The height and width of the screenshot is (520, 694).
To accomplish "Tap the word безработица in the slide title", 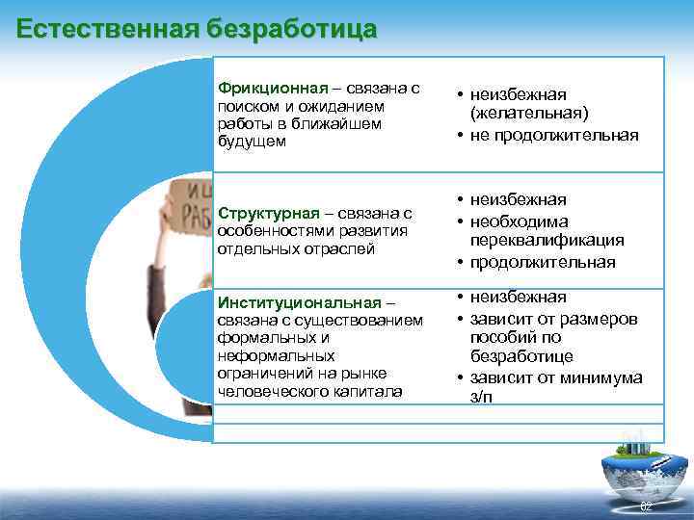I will point(291,28).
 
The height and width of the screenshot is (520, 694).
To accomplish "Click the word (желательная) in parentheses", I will point(529,113).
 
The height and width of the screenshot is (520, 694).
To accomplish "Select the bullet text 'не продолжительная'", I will point(554,135).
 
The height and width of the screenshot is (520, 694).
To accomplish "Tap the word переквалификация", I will point(547,241).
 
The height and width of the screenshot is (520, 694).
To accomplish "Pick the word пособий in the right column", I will point(501,338).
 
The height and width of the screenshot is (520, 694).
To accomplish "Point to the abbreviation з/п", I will point(480,398).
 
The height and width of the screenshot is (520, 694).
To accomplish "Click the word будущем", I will point(253,142).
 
